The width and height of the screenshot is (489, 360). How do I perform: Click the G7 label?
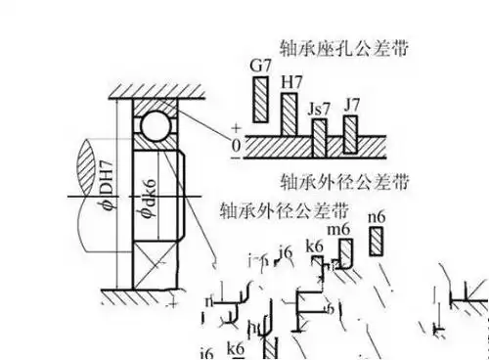[x=259, y=65]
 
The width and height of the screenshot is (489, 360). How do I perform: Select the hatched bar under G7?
[x=260, y=98]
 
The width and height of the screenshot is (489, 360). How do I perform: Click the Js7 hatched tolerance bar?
[x=319, y=138]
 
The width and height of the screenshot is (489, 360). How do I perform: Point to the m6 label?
[x=339, y=228]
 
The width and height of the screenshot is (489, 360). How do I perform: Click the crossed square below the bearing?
[x=151, y=264]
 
